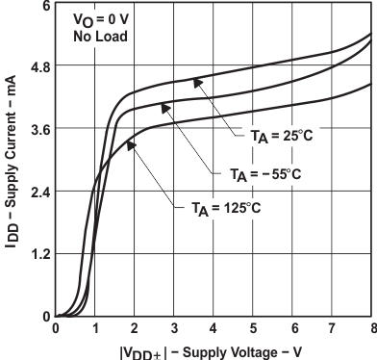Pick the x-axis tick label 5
253,329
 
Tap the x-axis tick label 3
174,329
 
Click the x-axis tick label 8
370,329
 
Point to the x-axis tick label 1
95,329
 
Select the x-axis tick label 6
292,329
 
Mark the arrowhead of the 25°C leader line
195,82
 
